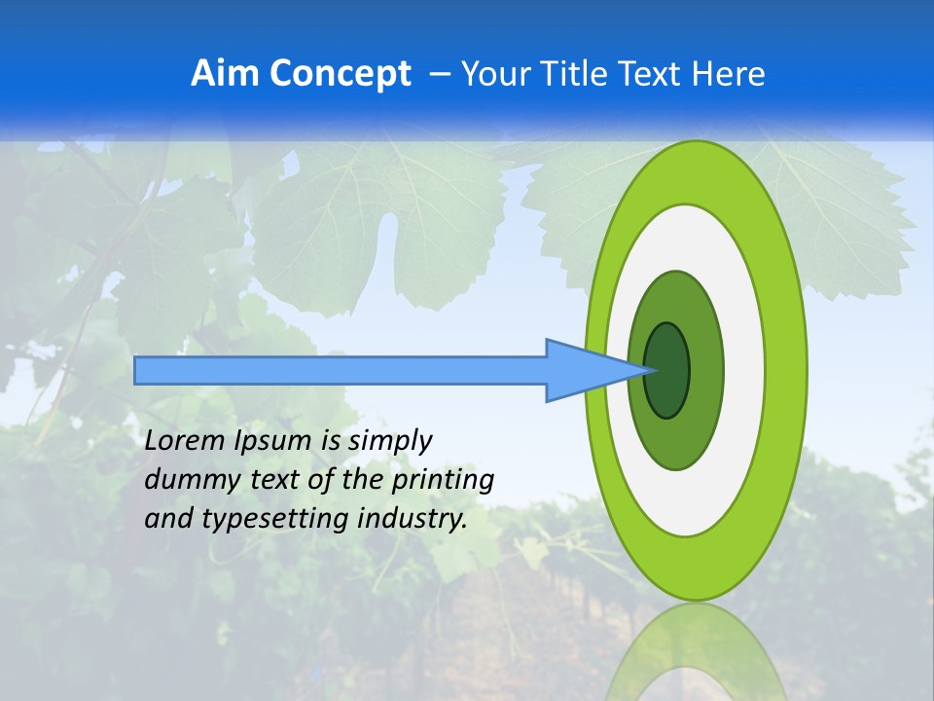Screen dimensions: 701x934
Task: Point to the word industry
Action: (413, 519)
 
